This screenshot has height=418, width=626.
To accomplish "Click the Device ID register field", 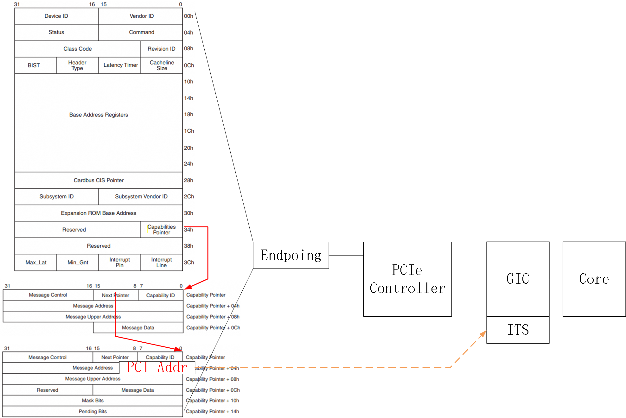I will [x=56, y=16].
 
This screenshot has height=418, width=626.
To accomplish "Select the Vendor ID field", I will [x=141, y=16].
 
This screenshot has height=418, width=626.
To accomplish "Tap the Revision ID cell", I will [x=161, y=49].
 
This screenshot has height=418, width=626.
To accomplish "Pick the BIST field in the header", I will [x=34, y=65].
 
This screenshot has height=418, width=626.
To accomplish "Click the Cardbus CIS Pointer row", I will [x=99, y=180].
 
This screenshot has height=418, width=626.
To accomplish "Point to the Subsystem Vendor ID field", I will [x=141, y=197].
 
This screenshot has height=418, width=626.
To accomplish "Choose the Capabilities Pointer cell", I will [x=161, y=230].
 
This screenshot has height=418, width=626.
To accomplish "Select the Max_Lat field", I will [x=36, y=263].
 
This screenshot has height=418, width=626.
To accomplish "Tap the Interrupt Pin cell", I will [x=119, y=263].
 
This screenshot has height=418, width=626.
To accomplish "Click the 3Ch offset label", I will [x=189, y=263].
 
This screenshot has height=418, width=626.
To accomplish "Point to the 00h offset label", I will [x=188, y=16].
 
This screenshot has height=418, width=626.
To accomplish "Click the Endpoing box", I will [x=291, y=255].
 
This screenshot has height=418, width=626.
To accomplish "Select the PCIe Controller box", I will [x=407, y=279].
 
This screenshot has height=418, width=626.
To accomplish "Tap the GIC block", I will [x=518, y=279].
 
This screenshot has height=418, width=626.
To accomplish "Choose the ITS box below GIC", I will [x=518, y=330].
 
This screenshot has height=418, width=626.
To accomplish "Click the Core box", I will [x=594, y=279].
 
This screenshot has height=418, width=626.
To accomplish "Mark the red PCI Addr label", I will [x=157, y=367].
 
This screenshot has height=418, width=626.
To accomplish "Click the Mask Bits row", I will [x=93, y=401].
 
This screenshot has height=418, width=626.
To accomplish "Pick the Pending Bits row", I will [x=93, y=411].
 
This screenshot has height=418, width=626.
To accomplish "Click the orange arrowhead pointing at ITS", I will [x=483, y=334].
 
